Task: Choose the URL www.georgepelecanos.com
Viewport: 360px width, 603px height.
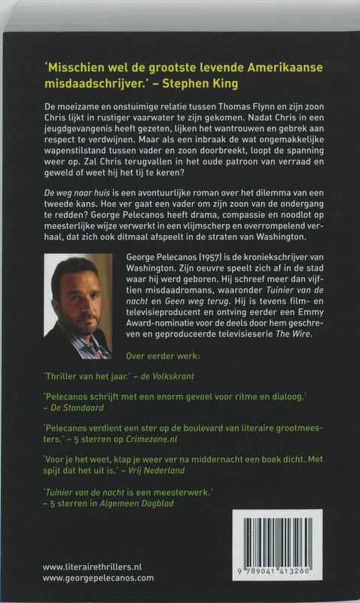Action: pyautogui.click(x=98, y=577)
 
